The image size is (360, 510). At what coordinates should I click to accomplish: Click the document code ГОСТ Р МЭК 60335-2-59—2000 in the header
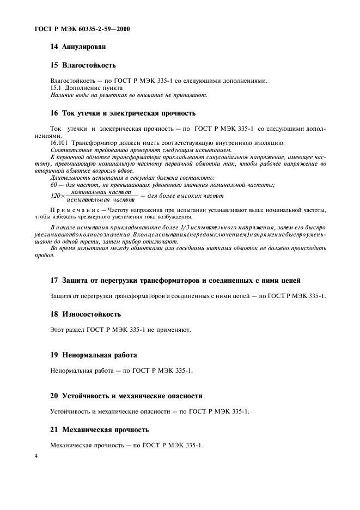tap(78, 28)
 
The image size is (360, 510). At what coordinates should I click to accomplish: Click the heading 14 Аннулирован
tap(78, 47)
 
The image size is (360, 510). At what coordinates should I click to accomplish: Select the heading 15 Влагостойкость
tap(83, 65)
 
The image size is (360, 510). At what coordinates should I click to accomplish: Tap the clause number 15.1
tap(56, 88)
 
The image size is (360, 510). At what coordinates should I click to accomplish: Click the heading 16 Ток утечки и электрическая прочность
tap(122, 114)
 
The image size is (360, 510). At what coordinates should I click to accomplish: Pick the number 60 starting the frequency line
tap(53, 185)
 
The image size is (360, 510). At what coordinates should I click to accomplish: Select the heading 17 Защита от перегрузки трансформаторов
tap(175, 280)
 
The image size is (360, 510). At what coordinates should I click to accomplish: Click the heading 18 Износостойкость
tap(85, 314)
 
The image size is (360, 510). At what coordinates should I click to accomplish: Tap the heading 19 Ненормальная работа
tap(93, 355)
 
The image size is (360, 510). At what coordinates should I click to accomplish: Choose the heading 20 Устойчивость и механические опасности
tap(126, 396)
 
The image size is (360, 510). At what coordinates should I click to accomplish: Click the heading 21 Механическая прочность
tap(99, 430)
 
